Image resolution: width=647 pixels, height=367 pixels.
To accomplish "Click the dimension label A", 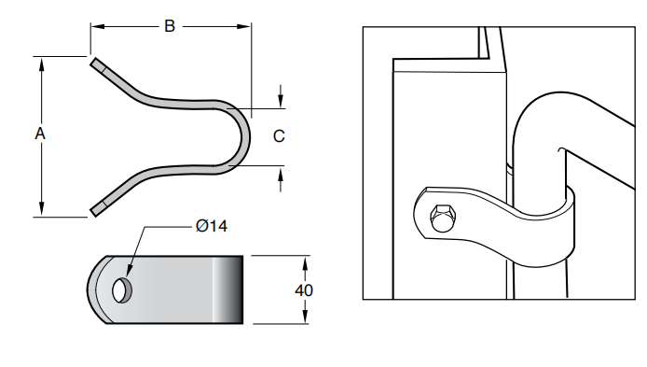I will coord(40,134).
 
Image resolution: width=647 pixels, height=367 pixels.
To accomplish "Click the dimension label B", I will coord(170,26).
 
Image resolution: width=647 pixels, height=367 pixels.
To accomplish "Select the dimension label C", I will coord(279,136).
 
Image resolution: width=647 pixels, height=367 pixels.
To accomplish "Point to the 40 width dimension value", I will coord(303,289).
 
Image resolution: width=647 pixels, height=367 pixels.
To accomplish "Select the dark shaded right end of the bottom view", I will coord(230,289).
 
